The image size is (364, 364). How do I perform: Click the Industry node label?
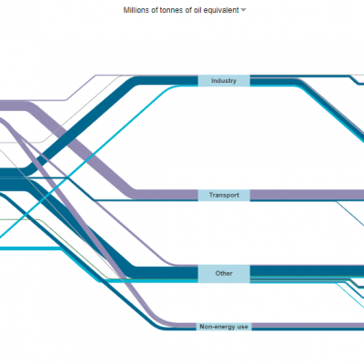(x=224, y=81)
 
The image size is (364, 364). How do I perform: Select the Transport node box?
(x=224, y=195)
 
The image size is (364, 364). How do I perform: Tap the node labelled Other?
(x=224, y=274)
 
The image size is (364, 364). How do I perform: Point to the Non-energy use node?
(x=224, y=327)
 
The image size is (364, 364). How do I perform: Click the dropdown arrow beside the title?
(x=243, y=10)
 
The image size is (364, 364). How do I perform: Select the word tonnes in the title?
(x=169, y=10)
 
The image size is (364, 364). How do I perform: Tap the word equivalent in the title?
(x=223, y=10)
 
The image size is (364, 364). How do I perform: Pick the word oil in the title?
(x=198, y=10)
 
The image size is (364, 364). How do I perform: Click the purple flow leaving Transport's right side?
(x=307, y=195)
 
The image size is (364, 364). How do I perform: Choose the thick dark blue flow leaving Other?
(x=307, y=270)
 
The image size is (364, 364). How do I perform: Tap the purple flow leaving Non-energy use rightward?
(x=308, y=325)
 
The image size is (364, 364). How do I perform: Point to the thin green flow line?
(x=76, y=248)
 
